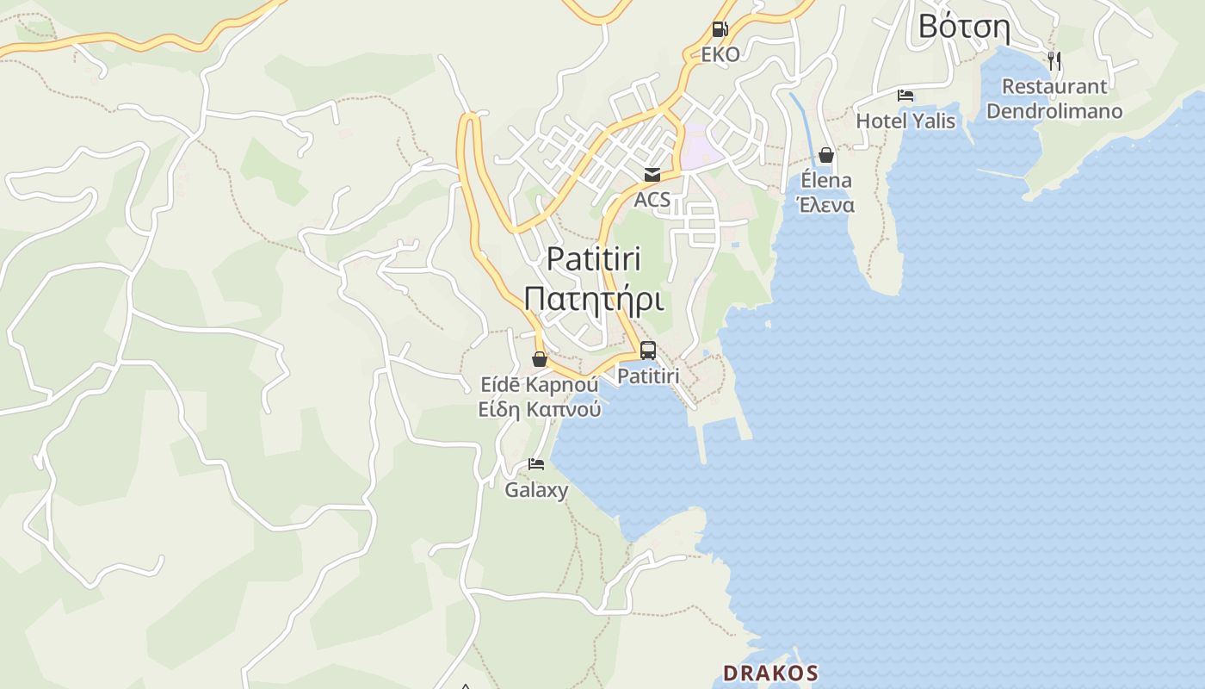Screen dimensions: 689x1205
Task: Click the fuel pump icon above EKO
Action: (x=720, y=29)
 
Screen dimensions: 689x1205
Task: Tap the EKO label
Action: (x=720, y=54)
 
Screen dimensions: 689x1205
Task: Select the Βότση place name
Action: (x=963, y=26)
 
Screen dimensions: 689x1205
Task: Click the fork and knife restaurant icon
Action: (x=1054, y=60)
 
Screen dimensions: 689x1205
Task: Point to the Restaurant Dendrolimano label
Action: (x=1054, y=98)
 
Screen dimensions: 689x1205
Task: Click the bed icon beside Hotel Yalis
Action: (x=905, y=95)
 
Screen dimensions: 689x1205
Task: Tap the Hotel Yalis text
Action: (x=905, y=121)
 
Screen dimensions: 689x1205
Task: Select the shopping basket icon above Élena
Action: (x=825, y=155)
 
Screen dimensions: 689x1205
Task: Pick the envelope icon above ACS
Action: (x=652, y=175)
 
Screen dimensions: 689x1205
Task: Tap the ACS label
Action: (x=652, y=201)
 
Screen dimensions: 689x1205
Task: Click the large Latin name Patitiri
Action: (x=594, y=258)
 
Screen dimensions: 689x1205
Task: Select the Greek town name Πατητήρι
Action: (x=594, y=300)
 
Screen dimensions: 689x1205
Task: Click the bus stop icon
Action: (x=648, y=351)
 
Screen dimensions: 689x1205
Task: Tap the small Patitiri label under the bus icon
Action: (x=648, y=376)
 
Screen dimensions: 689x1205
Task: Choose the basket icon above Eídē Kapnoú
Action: (x=540, y=359)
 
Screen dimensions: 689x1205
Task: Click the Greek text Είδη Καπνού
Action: (x=540, y=409)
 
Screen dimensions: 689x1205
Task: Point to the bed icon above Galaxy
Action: (x=536, y=465)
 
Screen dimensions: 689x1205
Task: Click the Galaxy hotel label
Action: (x=536, y=490)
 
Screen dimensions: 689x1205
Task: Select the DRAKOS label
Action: (x=770, y=673)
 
